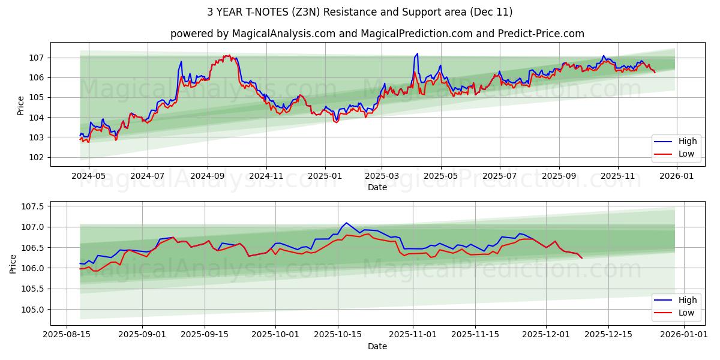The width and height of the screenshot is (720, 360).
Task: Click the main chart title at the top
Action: click(x=360, y=12)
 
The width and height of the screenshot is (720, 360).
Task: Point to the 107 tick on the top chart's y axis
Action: click(x=37, y=58)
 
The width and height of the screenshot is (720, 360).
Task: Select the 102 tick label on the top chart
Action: click(x=37, y=157)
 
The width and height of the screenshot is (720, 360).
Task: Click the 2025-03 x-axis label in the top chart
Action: click(x=382, y=176)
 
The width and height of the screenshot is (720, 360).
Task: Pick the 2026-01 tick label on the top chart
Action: click(x=677, y=176)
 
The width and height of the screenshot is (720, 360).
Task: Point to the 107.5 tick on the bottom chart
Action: click(x=34, y=206)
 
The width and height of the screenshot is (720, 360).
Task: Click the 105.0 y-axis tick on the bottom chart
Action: click(x=34, y=310)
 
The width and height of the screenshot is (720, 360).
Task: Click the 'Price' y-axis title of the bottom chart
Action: click(x=13, y=263)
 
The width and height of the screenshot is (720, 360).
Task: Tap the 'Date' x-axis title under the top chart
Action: click(x=377, y=187)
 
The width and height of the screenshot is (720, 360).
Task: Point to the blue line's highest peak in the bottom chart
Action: click(x=346, y=223)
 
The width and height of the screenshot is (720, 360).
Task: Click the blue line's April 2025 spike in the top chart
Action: click(x=417, y=53)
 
